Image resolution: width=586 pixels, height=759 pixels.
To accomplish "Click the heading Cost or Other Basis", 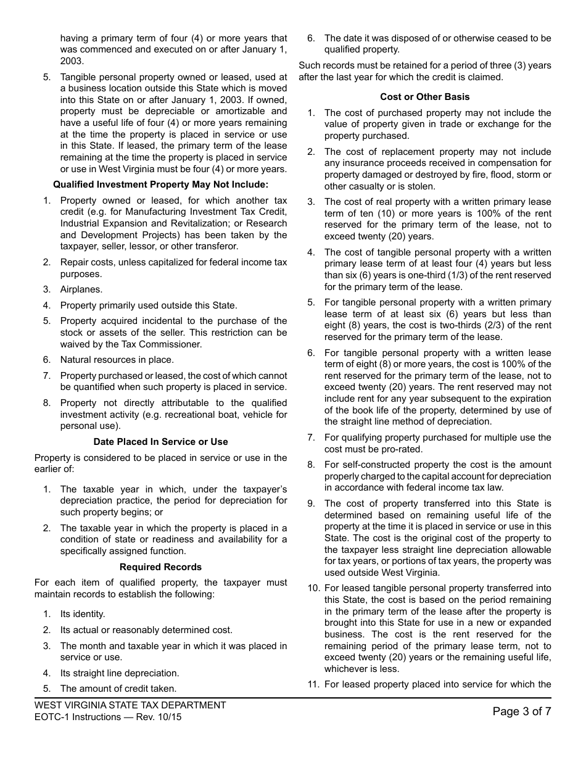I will pyautogui.click(x=424, y=97).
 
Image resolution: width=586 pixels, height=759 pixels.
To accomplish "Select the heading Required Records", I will pyautogui.click(x=160, y=567).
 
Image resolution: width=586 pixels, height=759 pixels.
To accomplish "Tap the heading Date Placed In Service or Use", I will pyautogui.click(x=160, y=442).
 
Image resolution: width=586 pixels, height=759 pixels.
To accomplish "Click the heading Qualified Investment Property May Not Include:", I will pyautogui.click(x=160, y=185).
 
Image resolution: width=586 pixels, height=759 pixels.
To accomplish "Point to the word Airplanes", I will pyautogui.click(x=81, y=289).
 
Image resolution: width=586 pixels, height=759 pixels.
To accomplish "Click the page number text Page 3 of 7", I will pyautogui.click(x=521, y=711).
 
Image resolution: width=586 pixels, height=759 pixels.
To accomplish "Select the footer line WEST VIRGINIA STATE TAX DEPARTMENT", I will pyautogui.click(x=130, y=705).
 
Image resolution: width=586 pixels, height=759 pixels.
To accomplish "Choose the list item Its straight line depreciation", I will pyautogui.click(x=120, y=673).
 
